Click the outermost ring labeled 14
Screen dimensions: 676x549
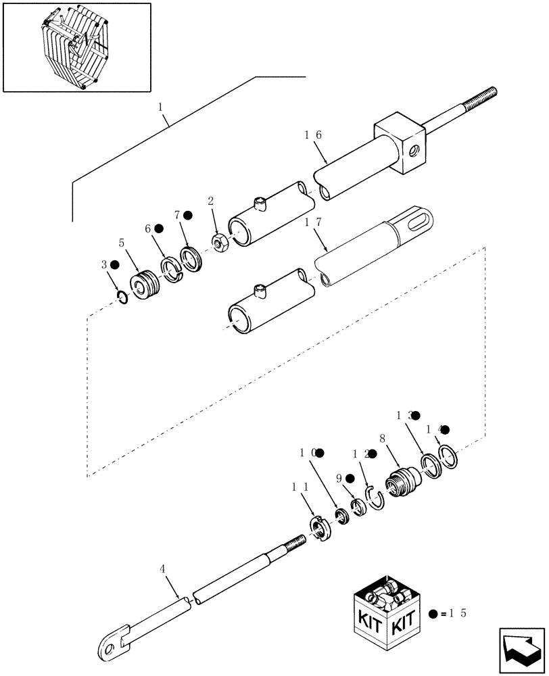[x=449, y=456]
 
